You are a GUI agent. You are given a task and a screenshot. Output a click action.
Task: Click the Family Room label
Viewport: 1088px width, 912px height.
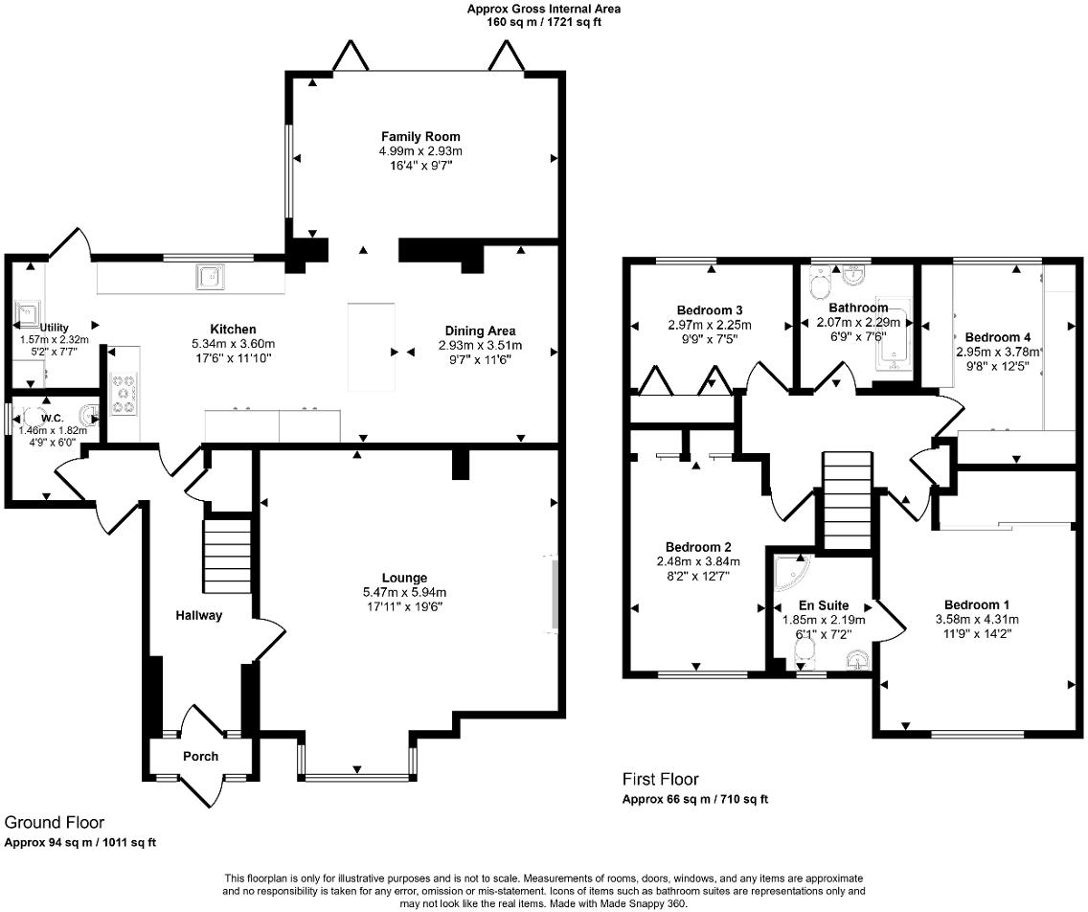[420, 137]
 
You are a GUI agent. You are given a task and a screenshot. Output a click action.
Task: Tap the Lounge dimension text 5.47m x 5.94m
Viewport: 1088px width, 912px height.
[404, 592]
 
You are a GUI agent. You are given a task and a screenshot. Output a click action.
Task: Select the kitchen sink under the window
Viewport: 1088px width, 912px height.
[211, 276]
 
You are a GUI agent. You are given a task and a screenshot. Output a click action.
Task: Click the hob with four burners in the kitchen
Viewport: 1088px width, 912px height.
[124, 395]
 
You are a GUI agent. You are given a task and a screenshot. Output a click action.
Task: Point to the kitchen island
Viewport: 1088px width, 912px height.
[372, 347]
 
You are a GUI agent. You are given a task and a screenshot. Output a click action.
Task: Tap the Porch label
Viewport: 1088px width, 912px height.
[201, 756]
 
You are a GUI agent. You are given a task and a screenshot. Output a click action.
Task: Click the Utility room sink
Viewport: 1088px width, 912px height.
[28, 313]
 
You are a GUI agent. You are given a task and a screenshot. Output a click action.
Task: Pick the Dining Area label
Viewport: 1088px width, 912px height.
[480, 331]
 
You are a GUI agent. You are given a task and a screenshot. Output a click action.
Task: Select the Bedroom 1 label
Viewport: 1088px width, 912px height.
[976, 604]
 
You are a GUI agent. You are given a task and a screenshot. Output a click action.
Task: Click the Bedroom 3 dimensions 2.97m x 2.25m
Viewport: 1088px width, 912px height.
[710, 324]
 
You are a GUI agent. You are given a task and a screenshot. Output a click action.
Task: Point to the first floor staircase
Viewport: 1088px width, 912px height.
[847, 500]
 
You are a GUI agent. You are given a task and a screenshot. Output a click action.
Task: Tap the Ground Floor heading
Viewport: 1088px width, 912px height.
[55, 823]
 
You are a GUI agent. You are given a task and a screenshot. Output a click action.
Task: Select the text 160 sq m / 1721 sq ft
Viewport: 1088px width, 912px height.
[543, 21]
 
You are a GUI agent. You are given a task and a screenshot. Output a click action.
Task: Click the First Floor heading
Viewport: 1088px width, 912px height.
[661, 780]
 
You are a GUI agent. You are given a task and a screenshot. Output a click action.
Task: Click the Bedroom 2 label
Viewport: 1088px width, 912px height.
[698, 547]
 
